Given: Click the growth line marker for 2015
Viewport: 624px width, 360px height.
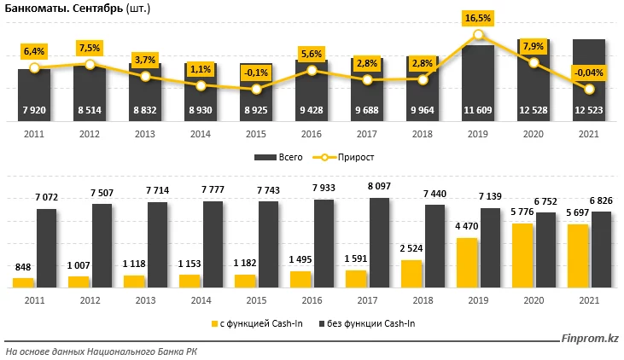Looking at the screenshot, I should [256, 89].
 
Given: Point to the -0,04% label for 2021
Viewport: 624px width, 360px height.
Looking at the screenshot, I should [589, 73].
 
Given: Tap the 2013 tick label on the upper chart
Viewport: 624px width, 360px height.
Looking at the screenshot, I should [145, 133].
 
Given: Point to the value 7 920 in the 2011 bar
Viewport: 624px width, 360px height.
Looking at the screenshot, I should [34, 110].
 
